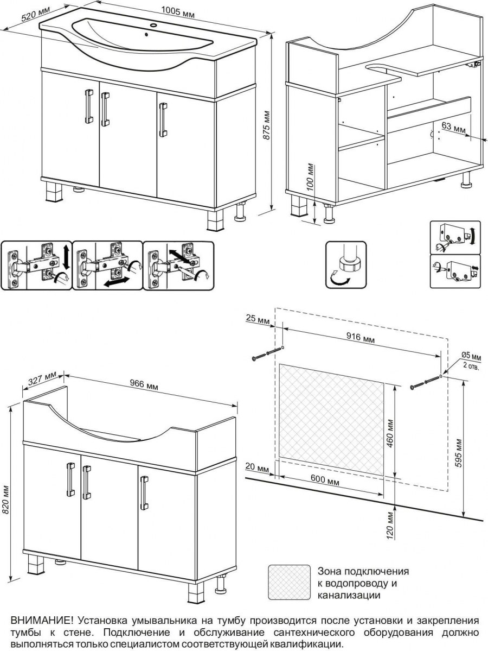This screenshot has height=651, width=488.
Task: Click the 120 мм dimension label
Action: pos(390,524)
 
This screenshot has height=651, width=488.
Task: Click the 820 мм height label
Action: pos(5,504)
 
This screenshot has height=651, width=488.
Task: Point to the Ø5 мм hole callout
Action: pos(471,356)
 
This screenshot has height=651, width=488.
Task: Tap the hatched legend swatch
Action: pos(289,582)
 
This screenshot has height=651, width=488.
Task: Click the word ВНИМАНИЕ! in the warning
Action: pos(42,621)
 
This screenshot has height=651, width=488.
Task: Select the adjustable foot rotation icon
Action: pos(345,265)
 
